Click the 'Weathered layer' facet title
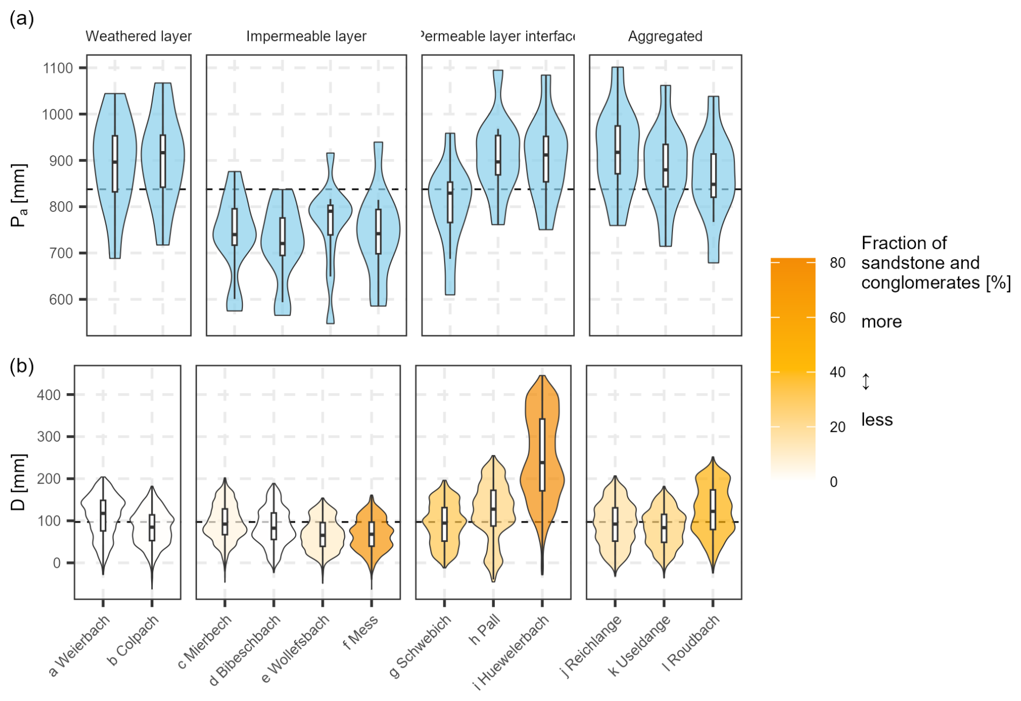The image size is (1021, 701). [139, 36]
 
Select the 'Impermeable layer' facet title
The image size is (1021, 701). [306, 36]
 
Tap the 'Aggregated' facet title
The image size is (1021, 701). [665, 36]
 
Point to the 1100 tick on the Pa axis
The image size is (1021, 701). [58, 68]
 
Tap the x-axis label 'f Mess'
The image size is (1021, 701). [360, 632]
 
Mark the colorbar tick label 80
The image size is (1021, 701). [838, 263]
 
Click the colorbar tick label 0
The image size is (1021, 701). [834, 482]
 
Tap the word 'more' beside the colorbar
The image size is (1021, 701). [881, 321]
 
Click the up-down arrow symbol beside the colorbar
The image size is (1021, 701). [866, 381]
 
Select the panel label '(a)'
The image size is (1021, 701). [22, 19]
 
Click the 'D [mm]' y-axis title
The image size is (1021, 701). [18, 482]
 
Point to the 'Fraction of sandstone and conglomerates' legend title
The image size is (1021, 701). [935, 263]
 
